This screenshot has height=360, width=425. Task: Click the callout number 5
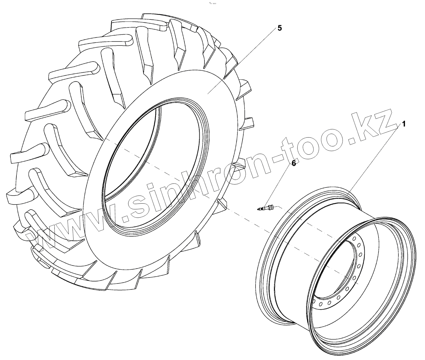(280, 28)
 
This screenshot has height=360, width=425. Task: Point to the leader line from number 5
(241, 62)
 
